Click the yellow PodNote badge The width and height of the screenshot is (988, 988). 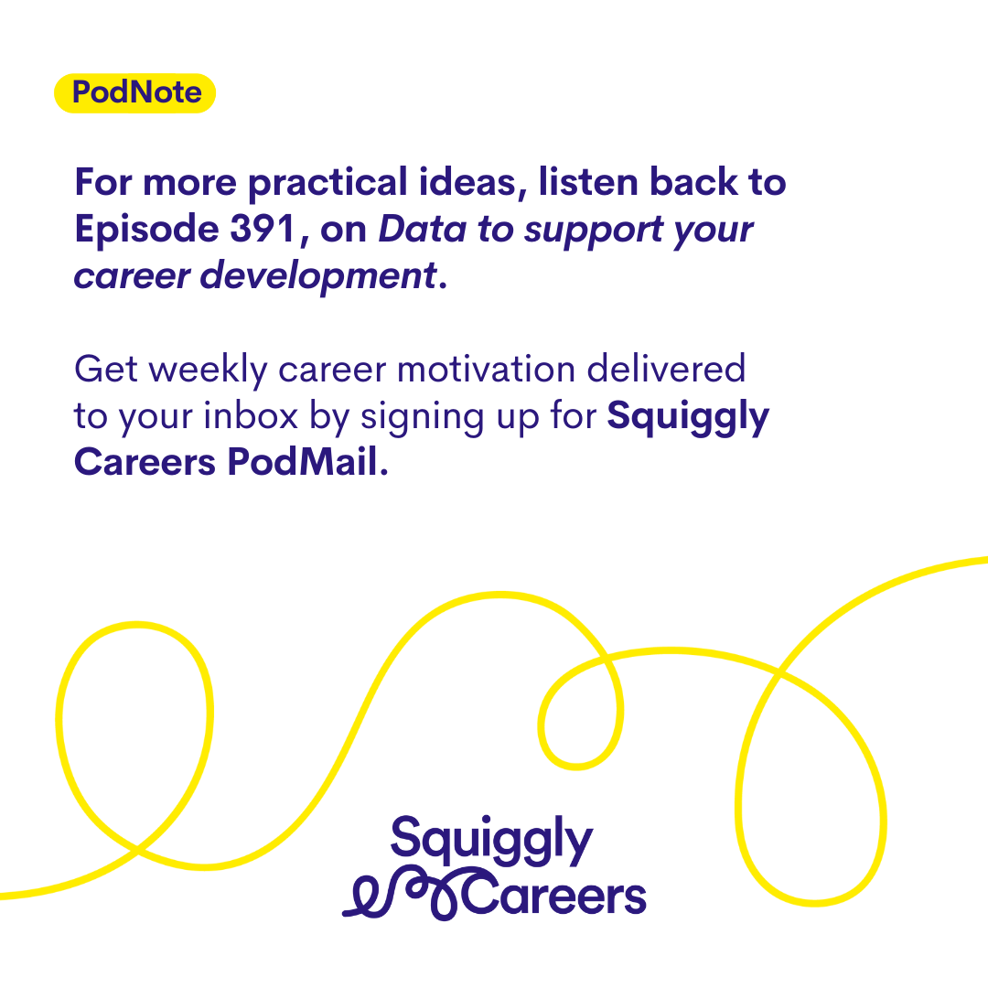(x=134, y=93)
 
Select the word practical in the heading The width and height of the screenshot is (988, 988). (x=328, y=183)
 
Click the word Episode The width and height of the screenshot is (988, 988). (x=146, y=230)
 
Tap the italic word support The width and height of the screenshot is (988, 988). (x=593, y=231)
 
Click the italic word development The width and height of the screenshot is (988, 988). (x=318, y=276)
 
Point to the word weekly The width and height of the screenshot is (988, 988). (x=209, y=370)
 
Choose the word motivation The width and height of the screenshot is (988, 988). (x=486, y=369)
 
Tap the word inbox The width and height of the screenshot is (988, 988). (x=250, y=416)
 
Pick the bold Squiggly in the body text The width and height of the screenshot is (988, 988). (x=688, y=417)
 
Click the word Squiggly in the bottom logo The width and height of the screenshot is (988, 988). (x=491, y=841)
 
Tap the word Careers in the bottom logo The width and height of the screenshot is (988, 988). (x=553, y=895)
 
